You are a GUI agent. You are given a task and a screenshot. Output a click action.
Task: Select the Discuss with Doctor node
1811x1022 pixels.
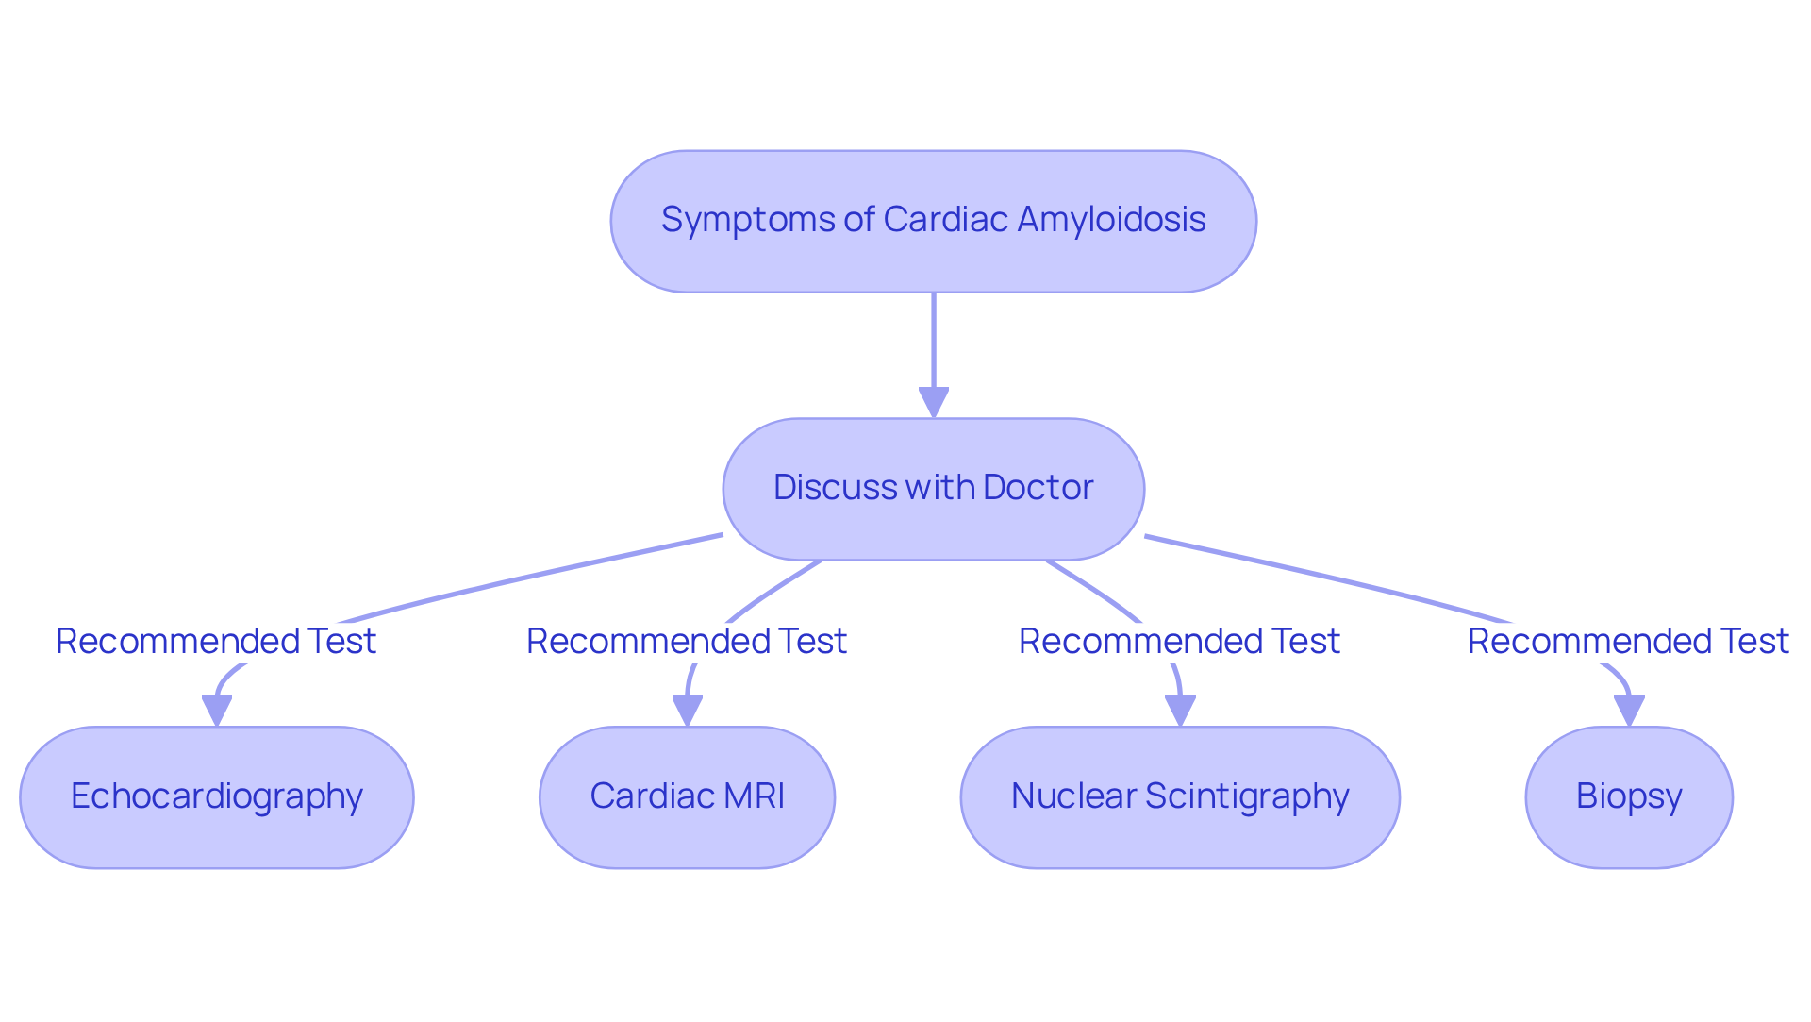[933, 489]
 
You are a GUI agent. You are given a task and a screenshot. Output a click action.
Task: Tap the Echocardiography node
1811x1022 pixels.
[216, 797]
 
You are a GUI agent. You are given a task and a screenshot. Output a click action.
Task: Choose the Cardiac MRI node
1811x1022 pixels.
[687, 797]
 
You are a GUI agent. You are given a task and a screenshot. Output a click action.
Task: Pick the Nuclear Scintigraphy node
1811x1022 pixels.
[1180, 797]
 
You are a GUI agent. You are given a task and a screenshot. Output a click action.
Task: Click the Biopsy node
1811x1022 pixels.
[1629, 797]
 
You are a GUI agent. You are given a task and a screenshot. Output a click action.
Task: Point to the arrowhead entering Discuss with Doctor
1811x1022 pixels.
[933, 403]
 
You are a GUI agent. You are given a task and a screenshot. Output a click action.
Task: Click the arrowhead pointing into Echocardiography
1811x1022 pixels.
[217, 712]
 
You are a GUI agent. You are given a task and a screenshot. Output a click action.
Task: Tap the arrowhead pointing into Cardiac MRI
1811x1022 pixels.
[688, 712]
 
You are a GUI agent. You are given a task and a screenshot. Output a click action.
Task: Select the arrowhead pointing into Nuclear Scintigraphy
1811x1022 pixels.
[1180, 712]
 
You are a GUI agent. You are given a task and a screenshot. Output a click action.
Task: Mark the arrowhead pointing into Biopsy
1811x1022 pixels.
[1629, 712]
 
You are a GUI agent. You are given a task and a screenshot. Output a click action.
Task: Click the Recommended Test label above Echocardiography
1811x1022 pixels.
[216, 642]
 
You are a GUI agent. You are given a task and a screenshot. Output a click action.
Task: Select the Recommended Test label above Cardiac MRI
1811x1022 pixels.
[687, 642]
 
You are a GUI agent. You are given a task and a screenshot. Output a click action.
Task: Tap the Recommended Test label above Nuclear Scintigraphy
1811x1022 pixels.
[1179, 642]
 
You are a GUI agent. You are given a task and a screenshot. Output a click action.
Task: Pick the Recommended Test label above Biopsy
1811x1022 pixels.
[1628, 642]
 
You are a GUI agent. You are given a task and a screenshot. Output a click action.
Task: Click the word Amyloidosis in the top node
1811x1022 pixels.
[1111, 220]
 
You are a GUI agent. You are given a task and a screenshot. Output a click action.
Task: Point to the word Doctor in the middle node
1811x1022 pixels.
[1038, 488]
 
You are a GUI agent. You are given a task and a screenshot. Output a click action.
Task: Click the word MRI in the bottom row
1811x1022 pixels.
[755, 796]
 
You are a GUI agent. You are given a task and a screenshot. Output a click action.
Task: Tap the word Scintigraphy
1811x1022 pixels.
[1247, 797]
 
